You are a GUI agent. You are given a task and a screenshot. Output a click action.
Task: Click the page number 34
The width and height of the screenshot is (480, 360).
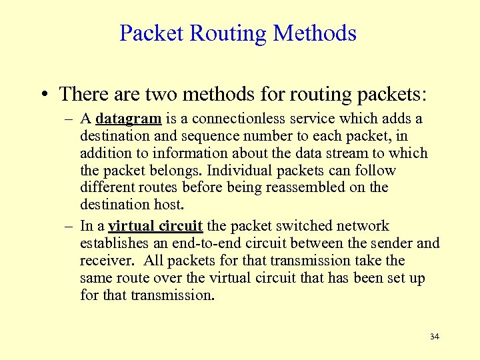pos(435,337)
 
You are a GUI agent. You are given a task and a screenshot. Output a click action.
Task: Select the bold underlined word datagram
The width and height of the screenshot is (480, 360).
pos(129,119)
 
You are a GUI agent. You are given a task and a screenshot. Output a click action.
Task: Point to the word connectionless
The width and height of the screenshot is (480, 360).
pos(226,119)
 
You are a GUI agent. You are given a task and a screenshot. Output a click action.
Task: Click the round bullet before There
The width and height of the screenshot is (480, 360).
pos(43,94)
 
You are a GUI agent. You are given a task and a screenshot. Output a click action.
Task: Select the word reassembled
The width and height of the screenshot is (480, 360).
pos(311,188)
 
